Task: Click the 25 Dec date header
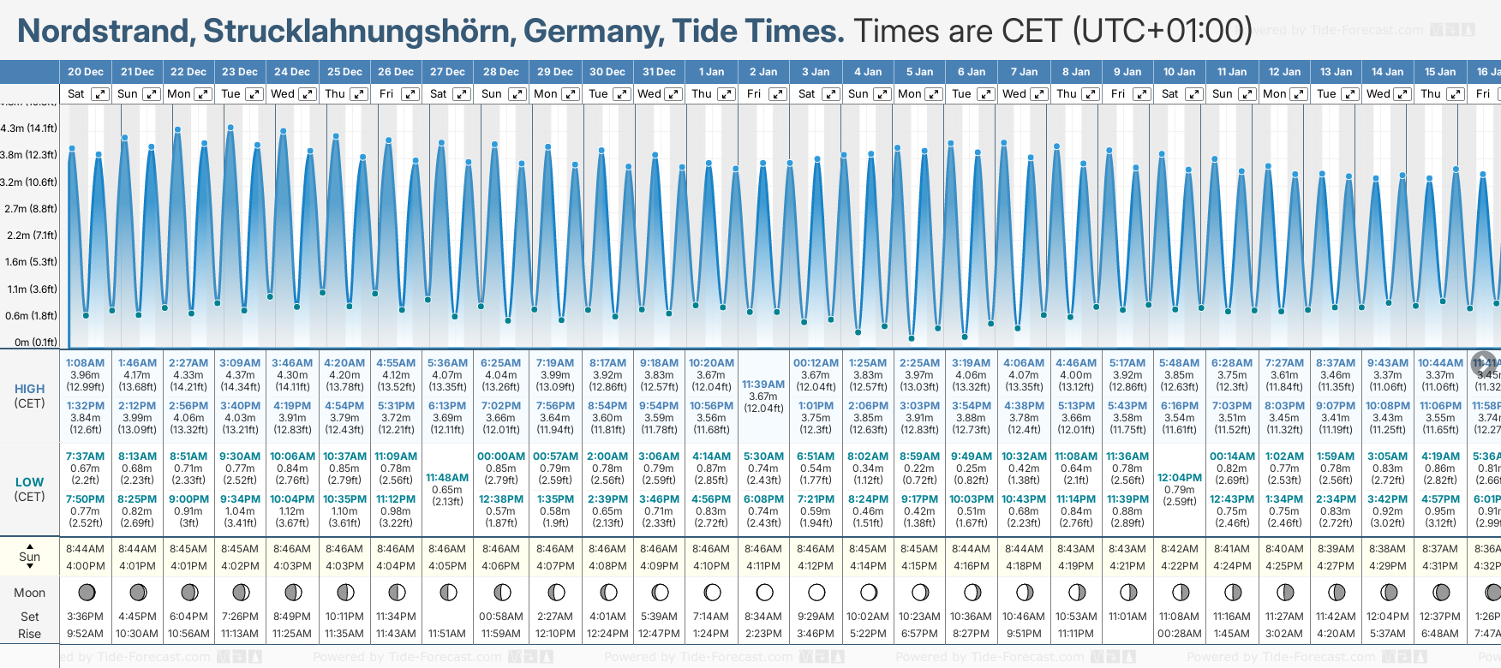(x=344, y=72)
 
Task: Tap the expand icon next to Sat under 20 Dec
(x=100, y=94)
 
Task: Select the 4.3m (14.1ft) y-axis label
(x=29, y=128)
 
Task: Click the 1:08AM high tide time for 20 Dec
(x=85, y=363)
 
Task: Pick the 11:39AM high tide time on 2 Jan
(x=763, y=385)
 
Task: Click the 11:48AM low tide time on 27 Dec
(x=447, y=478)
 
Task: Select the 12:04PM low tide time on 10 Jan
(x=1180, y=478)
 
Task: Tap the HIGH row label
(x=29, y=389)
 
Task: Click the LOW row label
(x=29, y=482)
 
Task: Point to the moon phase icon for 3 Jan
(x=816, y=592)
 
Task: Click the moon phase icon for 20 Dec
(x=86, y=592)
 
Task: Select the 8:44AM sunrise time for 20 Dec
(x=85, y=549)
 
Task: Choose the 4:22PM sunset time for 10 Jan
(x=1180, y=566)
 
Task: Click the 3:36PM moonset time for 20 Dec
(x=85, y=617)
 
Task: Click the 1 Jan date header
(x=711, y=72)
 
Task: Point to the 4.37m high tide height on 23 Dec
(x=240, y=375)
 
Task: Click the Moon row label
(x=29, y=593)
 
